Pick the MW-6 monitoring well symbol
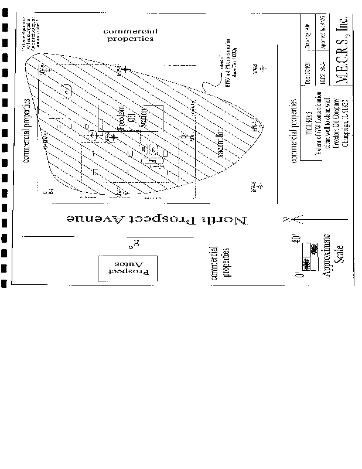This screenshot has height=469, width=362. pyautogui.click(x=254, y=186)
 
